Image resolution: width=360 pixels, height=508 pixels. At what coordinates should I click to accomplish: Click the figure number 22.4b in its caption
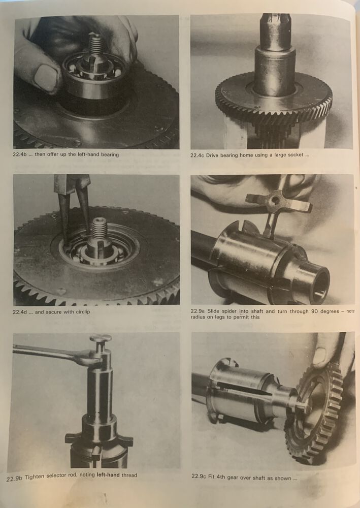[20, 154]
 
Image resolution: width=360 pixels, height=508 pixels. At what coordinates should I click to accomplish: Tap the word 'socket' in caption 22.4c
[296, 155]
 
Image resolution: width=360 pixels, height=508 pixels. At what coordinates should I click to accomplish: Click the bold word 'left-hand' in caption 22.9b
[108, 475]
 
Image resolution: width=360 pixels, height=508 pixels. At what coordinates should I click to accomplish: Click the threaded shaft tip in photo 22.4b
[96, 44]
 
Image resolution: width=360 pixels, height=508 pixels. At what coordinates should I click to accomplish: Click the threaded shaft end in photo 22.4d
[100, 228]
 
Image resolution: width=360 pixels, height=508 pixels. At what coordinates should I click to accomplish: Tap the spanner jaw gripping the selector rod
[93, 360]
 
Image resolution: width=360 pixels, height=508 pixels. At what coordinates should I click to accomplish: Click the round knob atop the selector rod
[101, 339]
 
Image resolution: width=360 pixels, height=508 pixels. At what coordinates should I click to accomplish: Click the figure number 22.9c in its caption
[199, 477]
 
